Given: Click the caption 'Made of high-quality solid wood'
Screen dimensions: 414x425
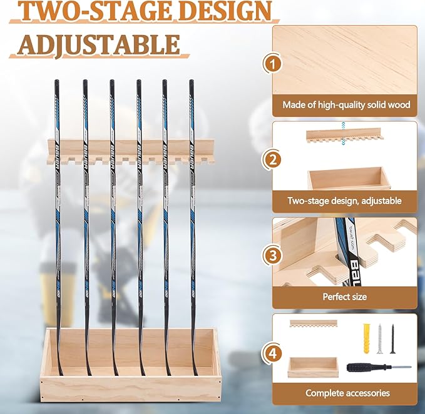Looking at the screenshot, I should pyautogui.click(x=346, y=105).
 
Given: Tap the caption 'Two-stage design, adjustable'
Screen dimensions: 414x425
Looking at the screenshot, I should pyautogui.click(x=344, y=201).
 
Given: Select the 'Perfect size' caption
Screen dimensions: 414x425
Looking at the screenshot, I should pyautogui.click(x=344, y=296).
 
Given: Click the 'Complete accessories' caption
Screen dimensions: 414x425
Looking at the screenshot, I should pyautogui.click(x=347, y=393).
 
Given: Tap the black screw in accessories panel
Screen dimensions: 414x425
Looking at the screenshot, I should pyautogui.click(x=393, y=339).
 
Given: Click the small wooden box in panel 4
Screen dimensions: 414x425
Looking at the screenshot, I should pyautogui.click(x=313, y=366).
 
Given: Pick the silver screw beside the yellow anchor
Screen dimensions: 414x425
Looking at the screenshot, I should pyautogui.click(x=379, y=338).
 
